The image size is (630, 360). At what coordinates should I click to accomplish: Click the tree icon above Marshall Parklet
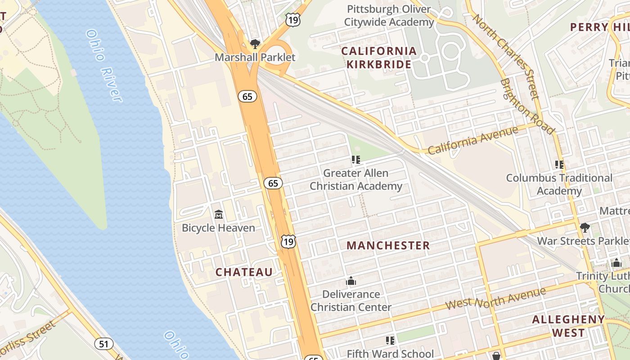pyautogui.click(x=255, y=44)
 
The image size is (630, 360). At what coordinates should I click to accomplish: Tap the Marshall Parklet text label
pyautogui.click(x=255, y=57)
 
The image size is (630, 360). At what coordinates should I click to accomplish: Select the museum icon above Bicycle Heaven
pyautogui.click(x=219, y=214)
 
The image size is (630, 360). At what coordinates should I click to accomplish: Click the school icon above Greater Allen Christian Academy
pyautogui.click(x=356, y=159)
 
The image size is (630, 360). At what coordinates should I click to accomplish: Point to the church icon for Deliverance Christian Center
pyautogui.click(x=351, y=281)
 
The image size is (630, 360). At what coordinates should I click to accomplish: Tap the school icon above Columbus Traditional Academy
pyautogui.click(x=559, y=164)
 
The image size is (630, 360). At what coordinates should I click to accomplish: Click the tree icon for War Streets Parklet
pyautogui.click(x=585, y=228)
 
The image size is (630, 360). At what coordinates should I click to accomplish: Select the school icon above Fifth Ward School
pyautogui.click(x=390, y=341)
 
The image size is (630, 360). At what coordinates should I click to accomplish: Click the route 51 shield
pyautogui.click(x=104, y=344)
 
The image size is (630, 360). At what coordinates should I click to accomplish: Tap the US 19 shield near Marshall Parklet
pyautogui.click(x=292, y=19)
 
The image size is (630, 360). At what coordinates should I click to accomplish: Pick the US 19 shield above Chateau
pyautogui.click(x=288, y=242)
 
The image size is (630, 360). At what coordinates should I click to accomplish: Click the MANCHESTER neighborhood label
pyautogui.click(x=388, y=245)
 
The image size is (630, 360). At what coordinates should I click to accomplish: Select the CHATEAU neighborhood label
pyautogui.click(x=244, y=272)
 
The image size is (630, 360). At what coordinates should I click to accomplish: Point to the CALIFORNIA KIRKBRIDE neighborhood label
pyautogui.click(x=378, y=58)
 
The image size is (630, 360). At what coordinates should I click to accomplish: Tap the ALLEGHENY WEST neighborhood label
pyautogui.click(x=568, y=326)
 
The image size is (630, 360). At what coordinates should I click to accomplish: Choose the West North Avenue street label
pyautogui.click(x=495, y=297)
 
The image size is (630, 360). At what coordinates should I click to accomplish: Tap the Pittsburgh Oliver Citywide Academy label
pyautogui.click(x=389, y=15)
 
